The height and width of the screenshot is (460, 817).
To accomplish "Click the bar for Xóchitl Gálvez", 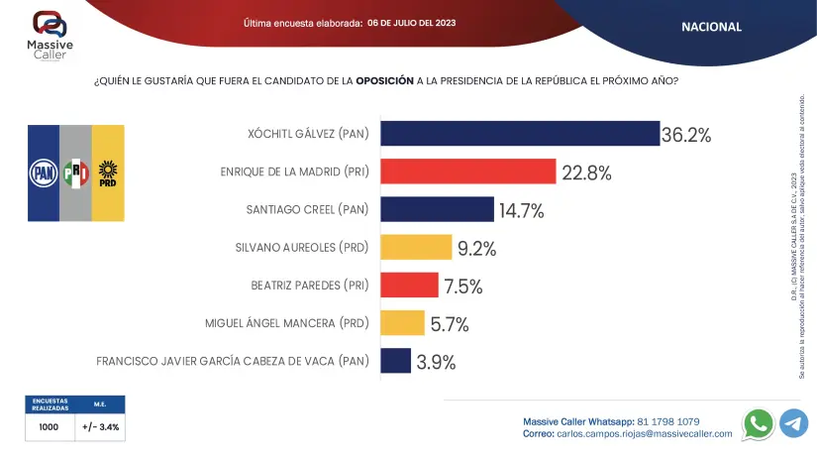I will point(520,134).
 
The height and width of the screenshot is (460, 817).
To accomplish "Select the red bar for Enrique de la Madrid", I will point(467,172).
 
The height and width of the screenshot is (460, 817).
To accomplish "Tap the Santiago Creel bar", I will point(437,209).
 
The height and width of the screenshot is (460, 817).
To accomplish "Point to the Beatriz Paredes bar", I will point(409,286).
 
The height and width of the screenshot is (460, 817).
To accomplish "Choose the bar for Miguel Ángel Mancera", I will point(402,323).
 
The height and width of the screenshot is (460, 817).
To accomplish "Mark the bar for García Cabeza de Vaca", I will point(395,361).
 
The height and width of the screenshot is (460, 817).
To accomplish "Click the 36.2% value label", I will point(686,135).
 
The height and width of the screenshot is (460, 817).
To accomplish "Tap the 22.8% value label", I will point(586,172).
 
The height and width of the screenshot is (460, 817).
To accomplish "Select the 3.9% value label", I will point(436,362).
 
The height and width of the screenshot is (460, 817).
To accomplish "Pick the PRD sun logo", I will point(108,172).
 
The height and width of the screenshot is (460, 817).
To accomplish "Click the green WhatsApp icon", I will point(759,423).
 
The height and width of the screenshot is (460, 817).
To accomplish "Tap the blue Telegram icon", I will point(793,423).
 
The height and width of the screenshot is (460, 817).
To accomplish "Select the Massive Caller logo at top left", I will point(51,33).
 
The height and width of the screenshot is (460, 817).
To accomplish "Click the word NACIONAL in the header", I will point(711,27).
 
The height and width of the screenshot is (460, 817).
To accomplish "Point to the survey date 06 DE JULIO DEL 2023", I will point(411,23).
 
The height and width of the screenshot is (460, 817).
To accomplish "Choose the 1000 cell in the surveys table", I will point(50,427).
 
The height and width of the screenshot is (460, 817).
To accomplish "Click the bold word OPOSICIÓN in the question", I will point(384,81).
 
